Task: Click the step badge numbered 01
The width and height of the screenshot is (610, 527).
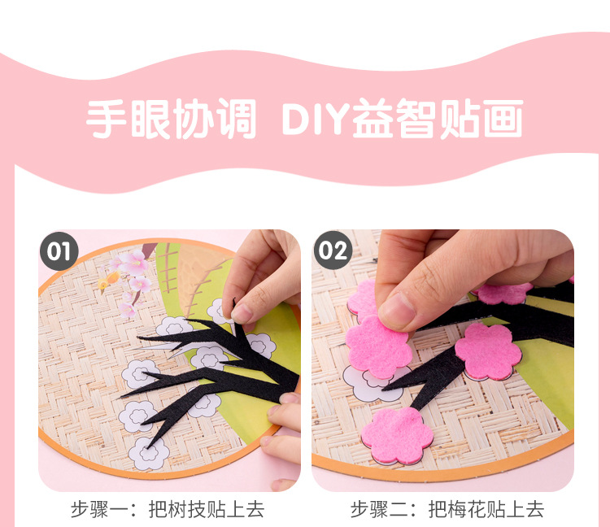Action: coord(59,251)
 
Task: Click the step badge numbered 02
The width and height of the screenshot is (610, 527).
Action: coord(333,250)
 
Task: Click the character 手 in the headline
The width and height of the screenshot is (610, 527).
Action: coord(107,119)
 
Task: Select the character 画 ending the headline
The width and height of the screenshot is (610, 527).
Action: coord(503,119)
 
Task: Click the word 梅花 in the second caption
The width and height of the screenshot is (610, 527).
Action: coord(466,509)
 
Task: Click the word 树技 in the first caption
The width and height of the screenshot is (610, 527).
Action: coord(187,509)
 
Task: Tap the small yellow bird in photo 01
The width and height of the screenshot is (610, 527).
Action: coord(109,281)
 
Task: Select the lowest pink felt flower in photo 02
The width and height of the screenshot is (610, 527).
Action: coord(397,435)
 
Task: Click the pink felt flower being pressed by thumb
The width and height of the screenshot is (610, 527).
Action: coord(378,347)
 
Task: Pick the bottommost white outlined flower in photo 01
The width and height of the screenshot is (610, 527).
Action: coord(149,453)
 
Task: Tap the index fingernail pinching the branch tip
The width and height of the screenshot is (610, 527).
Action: coord(242,313)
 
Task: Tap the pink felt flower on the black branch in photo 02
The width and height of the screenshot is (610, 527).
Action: coord(488,351)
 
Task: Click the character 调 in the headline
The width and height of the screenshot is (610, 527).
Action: coord(237,119)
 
